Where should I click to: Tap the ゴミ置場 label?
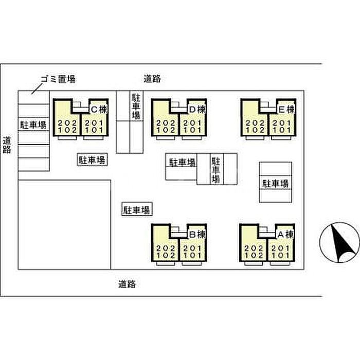point(58,79)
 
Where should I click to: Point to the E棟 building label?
point(286,109)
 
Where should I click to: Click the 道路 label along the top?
point(152,79)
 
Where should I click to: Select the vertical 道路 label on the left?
point(7,145)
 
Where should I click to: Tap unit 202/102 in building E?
point(255,127)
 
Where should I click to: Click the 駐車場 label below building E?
point(276,184)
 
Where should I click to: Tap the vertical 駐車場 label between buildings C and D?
point(136,106)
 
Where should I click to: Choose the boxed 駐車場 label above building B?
point(136,210)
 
